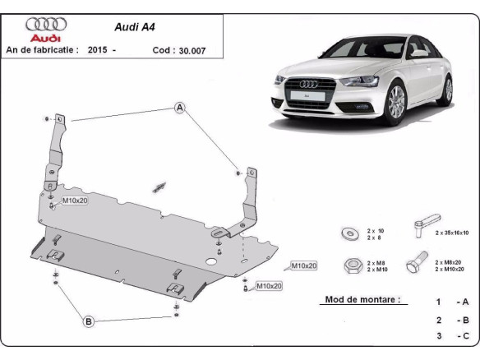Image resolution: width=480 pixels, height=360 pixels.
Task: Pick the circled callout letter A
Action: tap(178, 108)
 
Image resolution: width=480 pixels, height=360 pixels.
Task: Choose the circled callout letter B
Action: tap(88, 321)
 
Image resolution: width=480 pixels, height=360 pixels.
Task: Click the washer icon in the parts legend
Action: tap(348, 233)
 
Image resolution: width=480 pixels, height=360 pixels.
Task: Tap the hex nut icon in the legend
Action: tap(348, 265)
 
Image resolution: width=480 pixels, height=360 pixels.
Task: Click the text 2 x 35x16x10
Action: tap(452, 233)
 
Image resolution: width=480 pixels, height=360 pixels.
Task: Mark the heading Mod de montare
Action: tap(362, 300)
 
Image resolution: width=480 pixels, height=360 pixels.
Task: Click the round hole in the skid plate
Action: tap(211, 262)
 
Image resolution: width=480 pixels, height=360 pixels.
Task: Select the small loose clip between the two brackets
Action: tap(159, 187)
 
